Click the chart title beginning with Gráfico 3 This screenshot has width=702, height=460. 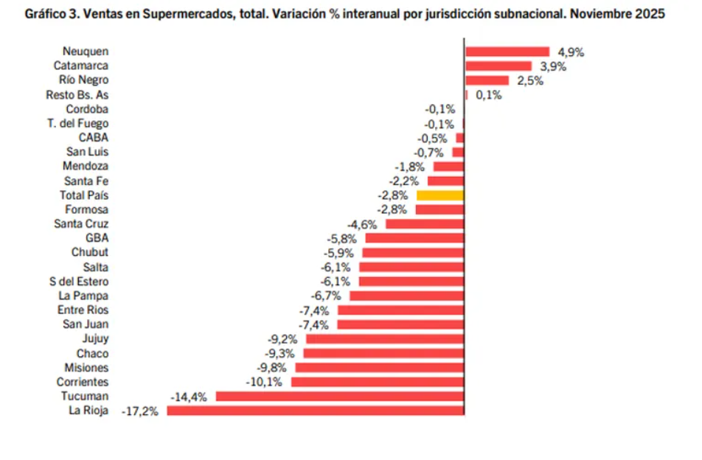pyautogui.click(x=345, y=14)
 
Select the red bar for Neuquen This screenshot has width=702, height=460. pyautogui.click(x=507, y=52)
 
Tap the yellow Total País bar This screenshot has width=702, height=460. pyautogui.click(x=440, y=195)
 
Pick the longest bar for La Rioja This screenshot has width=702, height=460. pyautogui.click(x=316, y=411)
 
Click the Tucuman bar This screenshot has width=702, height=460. pyautogui.click(x=340, y=397)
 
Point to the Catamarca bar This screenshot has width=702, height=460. pyautogui.click(x=498, y=66)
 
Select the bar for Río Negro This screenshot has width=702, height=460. pyautogui.click(x=487, y=80)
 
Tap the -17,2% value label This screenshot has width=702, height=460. pyautogui.click(x=139, y=411)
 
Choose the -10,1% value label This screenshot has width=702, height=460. pyautogui.click(x=264, y=382)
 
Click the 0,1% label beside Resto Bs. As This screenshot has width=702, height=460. pyautogui.click(x=489, y=95)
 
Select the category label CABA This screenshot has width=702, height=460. pyautogui.click(x=94, y=138)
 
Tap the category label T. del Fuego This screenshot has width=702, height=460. pyautogui.click(x=77, y=123)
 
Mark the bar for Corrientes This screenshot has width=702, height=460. pyautogui.click(x=378, y=382)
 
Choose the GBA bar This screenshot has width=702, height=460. pyautogui.click(x=415, y=238)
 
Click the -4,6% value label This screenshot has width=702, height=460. pyautogui.click(x=362, y=224)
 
